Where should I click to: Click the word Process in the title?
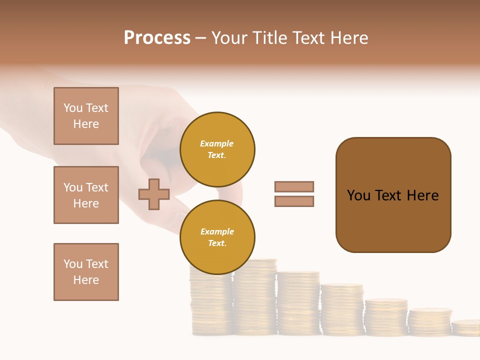(x=157, y=38)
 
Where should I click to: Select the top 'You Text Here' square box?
(x=86, y=116)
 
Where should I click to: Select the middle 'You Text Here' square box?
(x=86, y=195)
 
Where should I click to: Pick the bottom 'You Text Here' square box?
(x=86, y=272)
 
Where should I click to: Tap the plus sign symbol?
(x=154, y=194)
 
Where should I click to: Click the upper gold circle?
(x=217, y=149)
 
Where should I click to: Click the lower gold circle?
(x=217, y=237)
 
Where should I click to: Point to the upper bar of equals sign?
(x=294, y=186)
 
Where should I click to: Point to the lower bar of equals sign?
(x=294, y=201)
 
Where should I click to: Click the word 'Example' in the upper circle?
(x=217, y=143)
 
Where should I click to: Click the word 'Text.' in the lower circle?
(x=217, y=243)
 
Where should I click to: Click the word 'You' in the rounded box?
(x=359, y=195)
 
